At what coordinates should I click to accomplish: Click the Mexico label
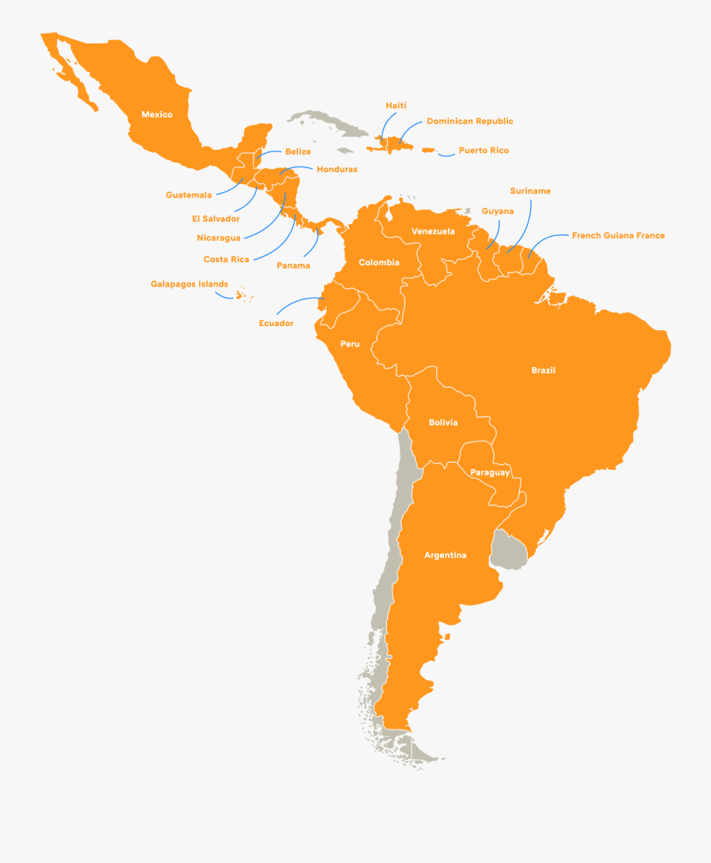click(156, 114)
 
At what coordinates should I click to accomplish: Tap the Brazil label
click(543, 370)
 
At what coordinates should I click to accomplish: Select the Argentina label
click(445, 555)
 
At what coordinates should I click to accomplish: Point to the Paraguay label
click(490, 472)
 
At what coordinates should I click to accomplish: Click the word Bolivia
click(443, 422)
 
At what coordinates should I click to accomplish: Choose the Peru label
click(350, 344)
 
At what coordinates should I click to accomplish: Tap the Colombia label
click(379, 262)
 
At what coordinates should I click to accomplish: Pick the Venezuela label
click(433, 231)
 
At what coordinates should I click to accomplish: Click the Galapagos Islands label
click(190, 284)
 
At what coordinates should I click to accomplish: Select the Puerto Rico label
click(483, 150)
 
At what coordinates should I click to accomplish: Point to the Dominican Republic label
click(470, 122)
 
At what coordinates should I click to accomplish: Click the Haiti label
click(396, 106)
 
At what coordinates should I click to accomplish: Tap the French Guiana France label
click(619, 235)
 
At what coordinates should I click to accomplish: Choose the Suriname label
click(530, 191)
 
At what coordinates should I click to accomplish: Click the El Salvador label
click(216, 219)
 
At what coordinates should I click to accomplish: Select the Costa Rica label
click(226, 259)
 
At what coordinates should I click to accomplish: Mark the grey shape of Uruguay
click(508, 549)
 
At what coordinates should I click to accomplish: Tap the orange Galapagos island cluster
click(241, 296)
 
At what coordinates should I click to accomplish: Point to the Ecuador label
click(276, 323)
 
